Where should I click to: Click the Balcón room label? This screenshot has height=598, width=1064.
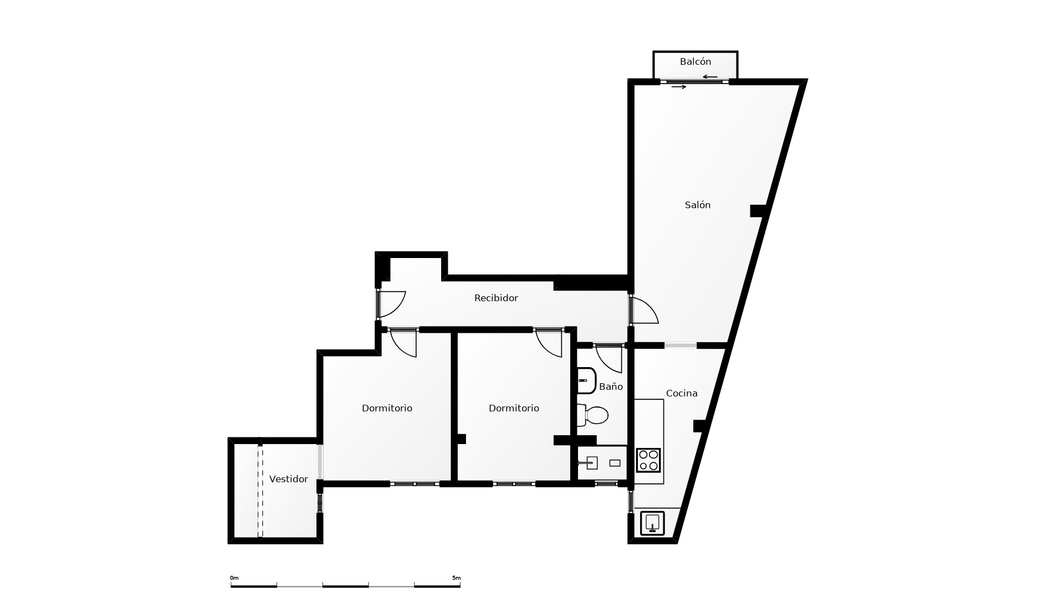695,61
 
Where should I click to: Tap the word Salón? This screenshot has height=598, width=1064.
698,205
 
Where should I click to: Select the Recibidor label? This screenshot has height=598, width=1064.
496,298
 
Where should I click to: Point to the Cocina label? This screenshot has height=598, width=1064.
682,393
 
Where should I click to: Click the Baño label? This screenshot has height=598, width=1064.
611,386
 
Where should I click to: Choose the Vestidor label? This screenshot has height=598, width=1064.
288,479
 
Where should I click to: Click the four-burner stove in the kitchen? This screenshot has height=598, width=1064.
648,460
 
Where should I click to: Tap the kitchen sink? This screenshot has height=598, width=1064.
652,523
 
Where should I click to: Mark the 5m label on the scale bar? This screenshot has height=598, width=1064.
456,578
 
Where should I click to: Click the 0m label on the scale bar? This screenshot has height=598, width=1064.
234,578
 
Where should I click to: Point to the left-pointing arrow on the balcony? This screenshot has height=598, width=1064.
710,77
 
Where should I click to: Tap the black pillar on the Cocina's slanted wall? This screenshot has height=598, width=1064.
700,426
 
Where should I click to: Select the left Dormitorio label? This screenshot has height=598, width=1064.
387,408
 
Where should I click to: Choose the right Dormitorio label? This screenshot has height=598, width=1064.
514,408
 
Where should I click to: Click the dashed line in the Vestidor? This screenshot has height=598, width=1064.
260,490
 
